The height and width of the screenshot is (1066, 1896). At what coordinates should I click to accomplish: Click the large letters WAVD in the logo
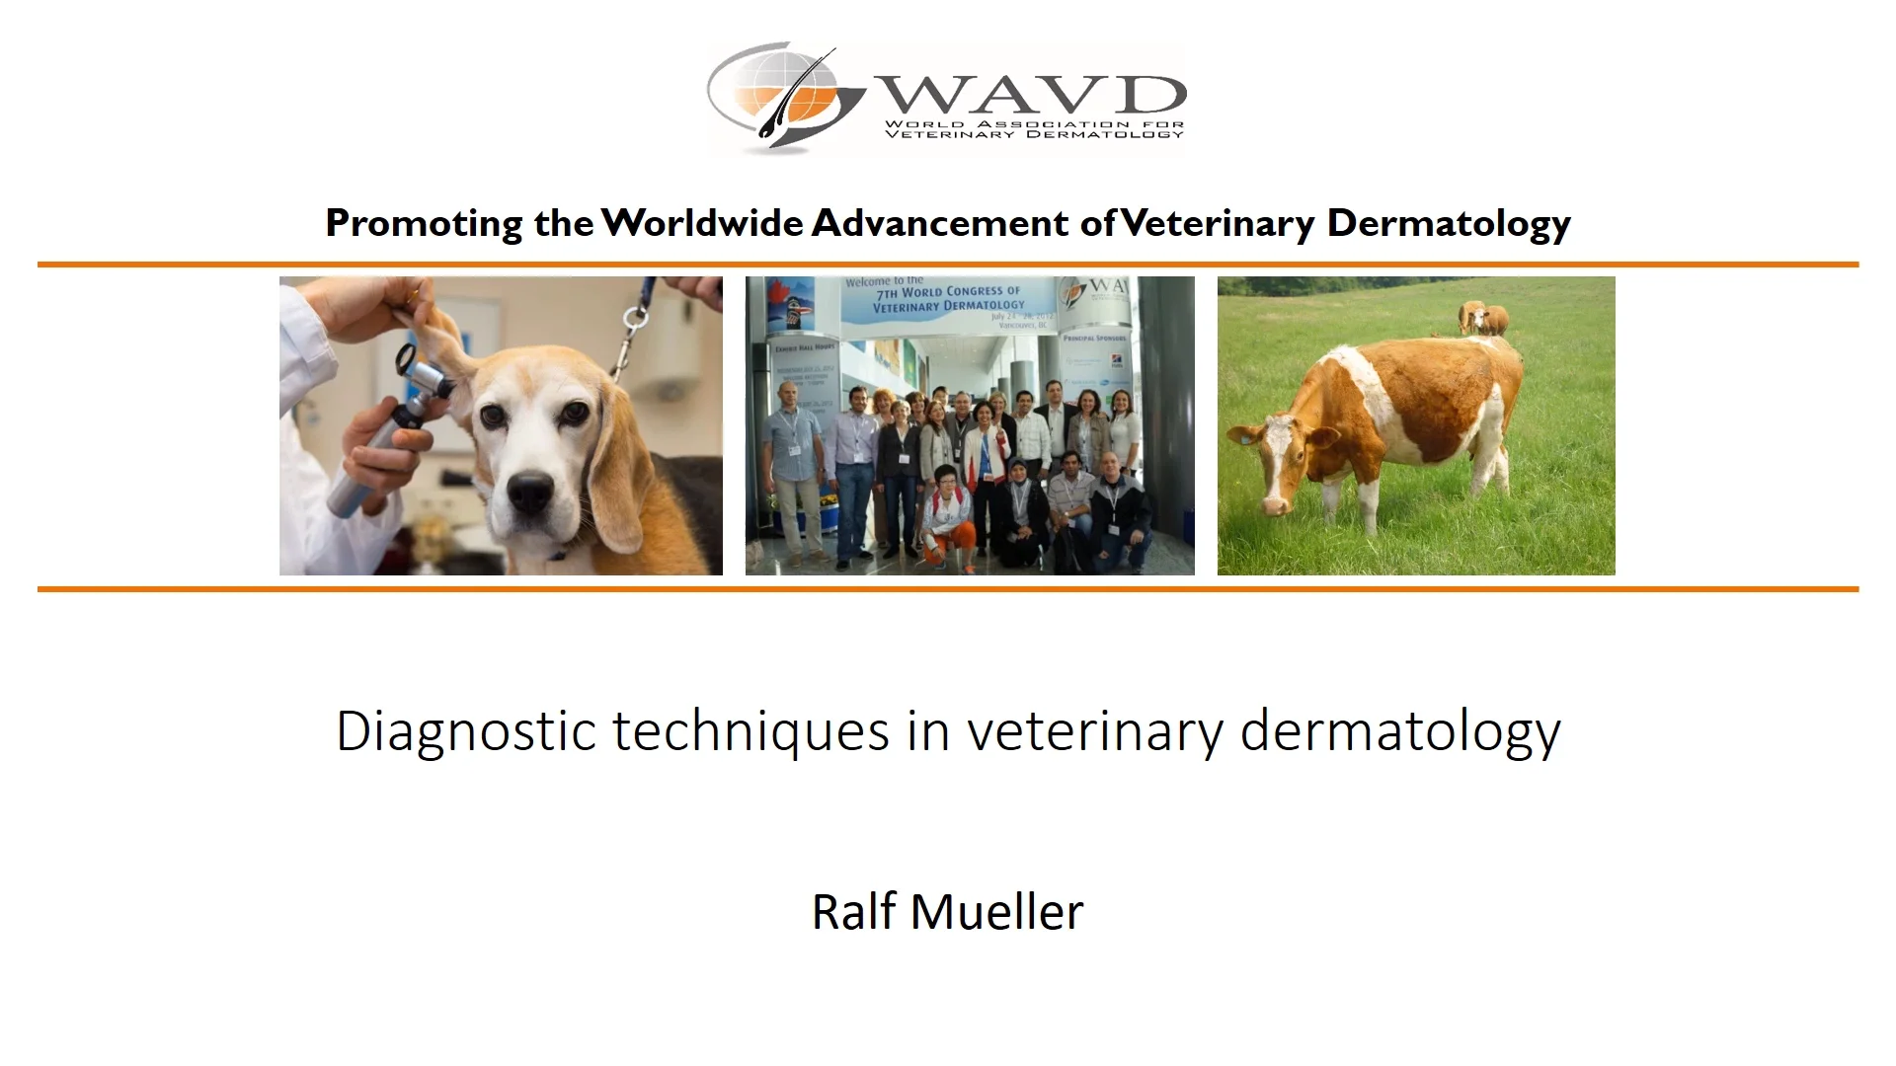pos(1030,95)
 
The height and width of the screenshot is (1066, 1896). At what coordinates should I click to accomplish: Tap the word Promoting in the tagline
pos(425,224)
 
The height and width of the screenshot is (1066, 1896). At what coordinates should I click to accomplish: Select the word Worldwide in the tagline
pos(702,223)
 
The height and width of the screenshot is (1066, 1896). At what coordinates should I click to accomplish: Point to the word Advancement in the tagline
pos(939,223)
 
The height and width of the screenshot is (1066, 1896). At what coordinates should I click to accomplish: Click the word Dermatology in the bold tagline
pos(1448,224)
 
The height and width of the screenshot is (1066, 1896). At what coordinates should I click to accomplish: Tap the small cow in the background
pos(1483,318)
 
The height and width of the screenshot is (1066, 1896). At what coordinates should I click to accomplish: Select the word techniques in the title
pos(751,732)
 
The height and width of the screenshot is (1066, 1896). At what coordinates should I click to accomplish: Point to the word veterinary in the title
pos(1094,732)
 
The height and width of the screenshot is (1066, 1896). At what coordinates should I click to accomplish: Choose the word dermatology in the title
pos(1400,732)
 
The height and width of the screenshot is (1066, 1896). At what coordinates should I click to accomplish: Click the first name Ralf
pos(854,911)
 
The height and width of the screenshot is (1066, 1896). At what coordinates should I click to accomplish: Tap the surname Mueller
pos(996,911)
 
